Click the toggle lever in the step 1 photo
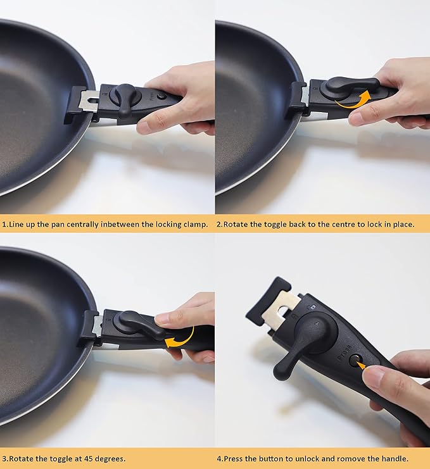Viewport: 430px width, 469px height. (125, 97)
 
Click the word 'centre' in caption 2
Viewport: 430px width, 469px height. (329, 225)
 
